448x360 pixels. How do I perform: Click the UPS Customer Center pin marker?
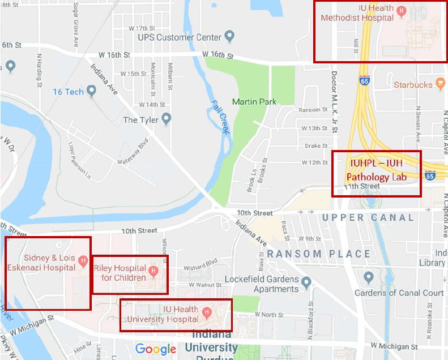coord(229,37)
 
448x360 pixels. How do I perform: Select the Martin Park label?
coord(254,102)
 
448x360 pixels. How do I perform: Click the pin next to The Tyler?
coord(166,119)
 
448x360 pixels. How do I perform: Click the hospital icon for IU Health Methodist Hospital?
coord(402,11)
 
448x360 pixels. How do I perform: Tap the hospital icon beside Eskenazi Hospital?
coord(83,260)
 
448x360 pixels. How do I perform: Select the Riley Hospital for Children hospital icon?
coord(153,272)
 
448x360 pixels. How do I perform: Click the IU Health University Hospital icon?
coord(207,312)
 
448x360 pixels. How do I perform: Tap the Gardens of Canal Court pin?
coord(369,277)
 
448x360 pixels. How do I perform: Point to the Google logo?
coord(156,349)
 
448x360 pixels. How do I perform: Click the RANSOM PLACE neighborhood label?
coord(318,254)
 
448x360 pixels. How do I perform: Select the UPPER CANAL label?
coord(368,217)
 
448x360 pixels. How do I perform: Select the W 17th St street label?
coord(142,28)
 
